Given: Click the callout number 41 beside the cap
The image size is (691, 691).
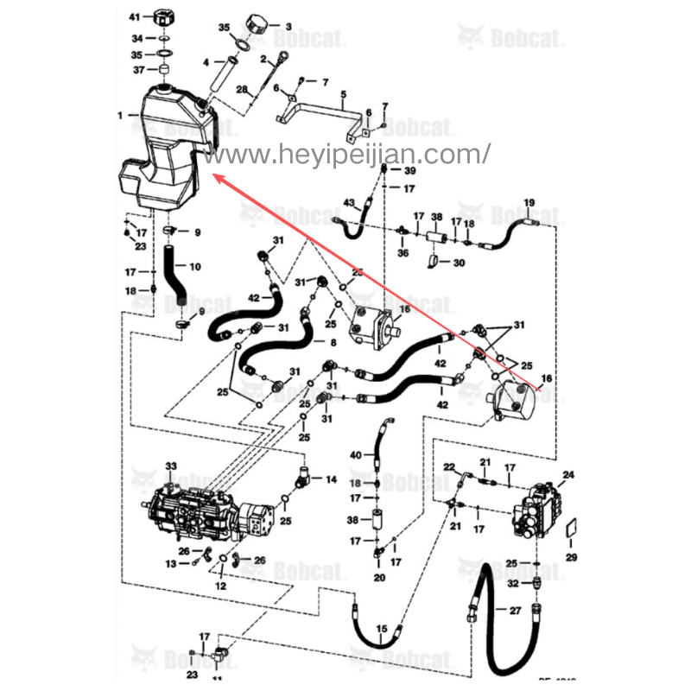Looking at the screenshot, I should click(x=134, y=17).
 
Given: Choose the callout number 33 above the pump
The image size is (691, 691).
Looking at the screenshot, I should click(x=171, y=467).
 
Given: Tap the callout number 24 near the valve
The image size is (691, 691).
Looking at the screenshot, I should click(x=568, y=475).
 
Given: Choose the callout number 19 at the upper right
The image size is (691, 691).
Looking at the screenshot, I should click(x=529, y=203).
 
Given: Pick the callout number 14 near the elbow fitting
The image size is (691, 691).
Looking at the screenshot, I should click(x=331, y=478).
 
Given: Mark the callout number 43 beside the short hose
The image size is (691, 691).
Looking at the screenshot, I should click(x=349, y=203).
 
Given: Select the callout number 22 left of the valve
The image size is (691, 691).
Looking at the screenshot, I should click(x=449, y=467).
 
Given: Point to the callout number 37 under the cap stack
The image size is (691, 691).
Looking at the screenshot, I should click(x=136, y=70).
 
